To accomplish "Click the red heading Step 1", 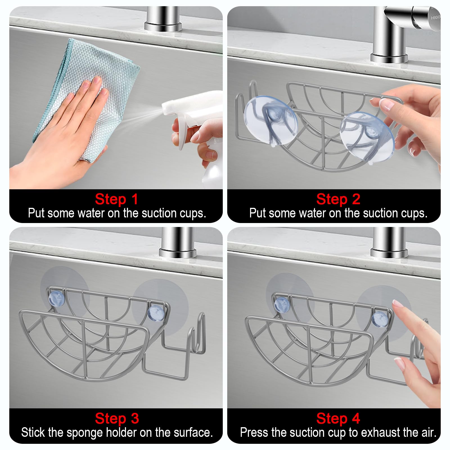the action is (x=116, y=199).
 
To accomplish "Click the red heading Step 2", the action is (x=338, y=199).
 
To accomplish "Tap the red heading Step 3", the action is (x=117, y=418).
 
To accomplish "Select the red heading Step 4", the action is (x=338, y=418).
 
